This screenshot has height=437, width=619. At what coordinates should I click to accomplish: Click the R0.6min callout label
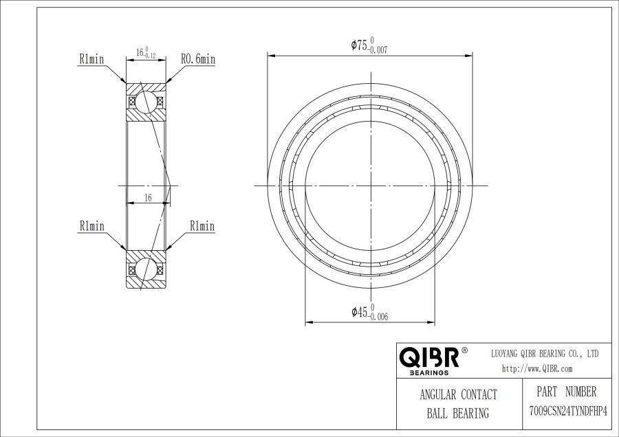pyautogui.click(x=198, y=59)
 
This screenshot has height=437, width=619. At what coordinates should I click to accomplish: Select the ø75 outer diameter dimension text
pyautogui.click(x=369, y=45)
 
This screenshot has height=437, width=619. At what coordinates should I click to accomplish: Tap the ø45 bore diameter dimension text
pyautogui.click(x=370, y=312)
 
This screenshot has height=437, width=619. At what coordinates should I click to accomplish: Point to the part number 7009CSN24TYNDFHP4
pyautogui.click(x=567, y=412)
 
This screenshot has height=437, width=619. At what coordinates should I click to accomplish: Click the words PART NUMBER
pyautogui.click(x=567, y=392)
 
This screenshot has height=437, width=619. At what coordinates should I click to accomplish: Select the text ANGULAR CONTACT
pyautogui.click(x=458, y=394)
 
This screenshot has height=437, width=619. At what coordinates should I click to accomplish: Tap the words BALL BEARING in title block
pyautogui.click(x=458, y=413)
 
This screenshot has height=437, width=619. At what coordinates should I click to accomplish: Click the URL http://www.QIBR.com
pyautogui.click(x=537, y=369)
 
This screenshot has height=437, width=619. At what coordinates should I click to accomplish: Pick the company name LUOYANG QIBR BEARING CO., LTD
pyautogui.click(x=545, y=353)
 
